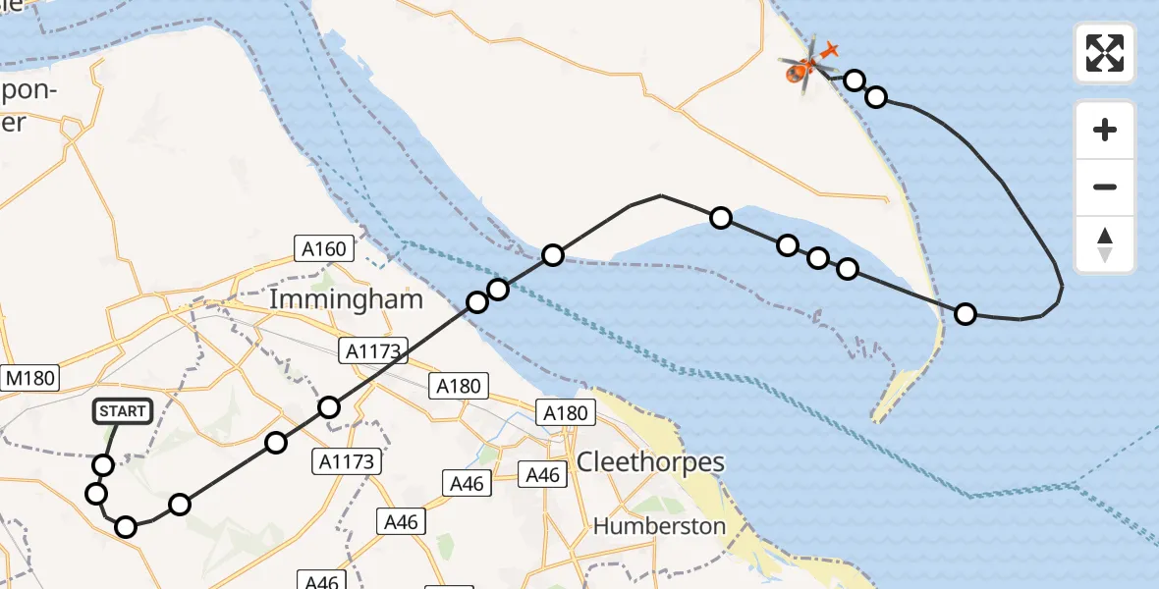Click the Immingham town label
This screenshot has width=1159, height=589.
pyautogui.click(x=346, y=298)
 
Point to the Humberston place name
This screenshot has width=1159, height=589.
pyautogui.click(x=659, y=526)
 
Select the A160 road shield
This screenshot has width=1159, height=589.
pyautogui.click(x=323, y=248)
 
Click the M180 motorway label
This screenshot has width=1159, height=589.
pyautogui.click(x=30, y=378)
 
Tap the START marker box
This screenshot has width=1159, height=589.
pyautogui.click(x=122, y=411)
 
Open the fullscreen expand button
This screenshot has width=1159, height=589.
pyautogui.click(x=1105, y=53)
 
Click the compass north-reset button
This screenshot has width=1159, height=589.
pyautogui.click(x=1105, y=244)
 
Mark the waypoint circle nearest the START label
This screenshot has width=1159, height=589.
pyautogui.click(x=103, y=464)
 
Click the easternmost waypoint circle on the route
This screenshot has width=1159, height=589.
pyautogui.click(x=966, y=314)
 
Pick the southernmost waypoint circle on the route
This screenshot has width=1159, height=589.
pyautogui.click(x=126, y=527)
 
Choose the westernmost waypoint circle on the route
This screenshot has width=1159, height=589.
pyautogui.click(x=96, y=493)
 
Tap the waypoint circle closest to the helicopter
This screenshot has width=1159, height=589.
pyautogui.click(x=855, y=80)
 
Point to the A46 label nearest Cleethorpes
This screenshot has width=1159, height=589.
pyautogui.click(x=542, y=475)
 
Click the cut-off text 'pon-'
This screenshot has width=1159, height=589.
pyautogui.click(x=30, y=91)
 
